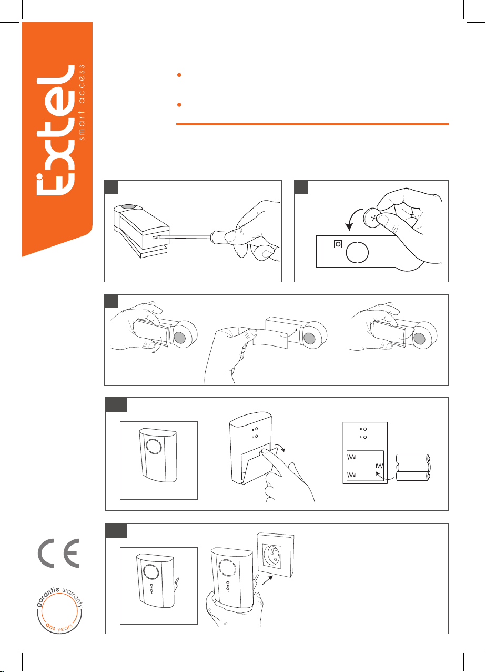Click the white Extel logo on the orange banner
point(56,131)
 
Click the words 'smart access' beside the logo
point(82,102)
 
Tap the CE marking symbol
point(59,553)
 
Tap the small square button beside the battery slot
point(338,244)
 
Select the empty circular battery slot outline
point(357,252)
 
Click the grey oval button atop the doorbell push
point(129,206)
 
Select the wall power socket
point(275,555)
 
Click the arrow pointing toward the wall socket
point(267,580)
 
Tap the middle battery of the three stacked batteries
point(413,468)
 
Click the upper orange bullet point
point(179,75)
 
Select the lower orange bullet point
point(179,105)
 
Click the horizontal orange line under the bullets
point(312,124)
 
